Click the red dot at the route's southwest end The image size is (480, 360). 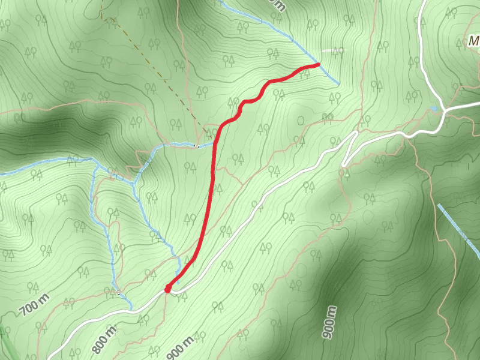[x=168, y=289]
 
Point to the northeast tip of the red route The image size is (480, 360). [x=317, y=64]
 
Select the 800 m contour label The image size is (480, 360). [x=104, y=340]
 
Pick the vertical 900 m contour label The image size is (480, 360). [x=331, y=322]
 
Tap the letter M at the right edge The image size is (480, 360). [x=474, y=42]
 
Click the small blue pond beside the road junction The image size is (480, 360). [x=434, y=109]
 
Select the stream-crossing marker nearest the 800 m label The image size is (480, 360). [x=119, y=292]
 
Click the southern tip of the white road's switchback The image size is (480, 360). [x=344, y=164]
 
